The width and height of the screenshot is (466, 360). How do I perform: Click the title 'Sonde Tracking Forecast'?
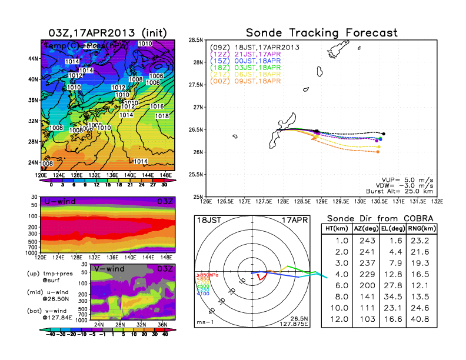(x=321, y=32)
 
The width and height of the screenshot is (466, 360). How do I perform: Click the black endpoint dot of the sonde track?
(x=384, y=134)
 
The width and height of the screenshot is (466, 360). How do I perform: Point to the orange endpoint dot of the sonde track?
(x=377, y=152)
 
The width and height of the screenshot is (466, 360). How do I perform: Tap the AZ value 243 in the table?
(x=366, y=240)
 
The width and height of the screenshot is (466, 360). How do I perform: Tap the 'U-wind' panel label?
(x=58, y=202)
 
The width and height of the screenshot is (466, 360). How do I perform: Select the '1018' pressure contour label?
(x=161, y=116)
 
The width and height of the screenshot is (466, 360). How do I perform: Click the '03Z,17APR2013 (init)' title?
(x=107, y=32)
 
